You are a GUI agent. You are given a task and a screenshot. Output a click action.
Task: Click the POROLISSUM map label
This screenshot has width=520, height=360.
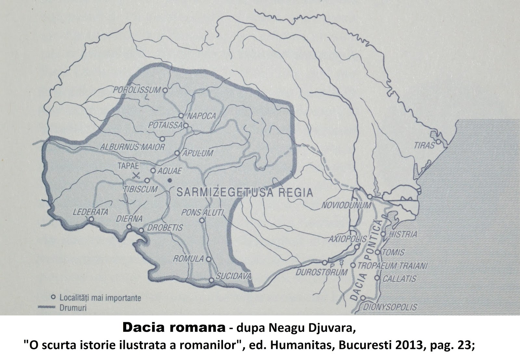pos(137,90)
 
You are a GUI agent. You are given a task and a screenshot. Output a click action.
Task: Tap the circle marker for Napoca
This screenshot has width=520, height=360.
pos(181,116)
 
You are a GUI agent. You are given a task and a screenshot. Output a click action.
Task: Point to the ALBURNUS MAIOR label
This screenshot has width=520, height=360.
pos(133,147)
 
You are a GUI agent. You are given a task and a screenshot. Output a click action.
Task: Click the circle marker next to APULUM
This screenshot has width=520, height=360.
pos(177,153)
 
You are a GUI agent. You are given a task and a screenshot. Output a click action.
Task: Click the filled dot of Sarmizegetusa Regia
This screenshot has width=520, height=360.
pos(169,180)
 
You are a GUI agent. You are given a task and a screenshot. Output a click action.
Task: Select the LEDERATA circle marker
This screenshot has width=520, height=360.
pos(91,219)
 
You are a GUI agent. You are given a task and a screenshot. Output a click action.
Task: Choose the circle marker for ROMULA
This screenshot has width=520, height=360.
pos(209,259)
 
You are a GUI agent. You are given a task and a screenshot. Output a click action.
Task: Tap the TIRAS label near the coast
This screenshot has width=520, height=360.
pos(424,145)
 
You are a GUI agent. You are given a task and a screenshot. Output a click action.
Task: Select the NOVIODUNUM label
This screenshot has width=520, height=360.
pos(346,205)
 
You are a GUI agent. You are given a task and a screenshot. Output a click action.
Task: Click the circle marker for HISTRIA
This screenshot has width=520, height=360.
pos(383,234)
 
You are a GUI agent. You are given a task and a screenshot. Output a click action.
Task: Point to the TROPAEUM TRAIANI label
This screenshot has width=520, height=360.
pos(392,265)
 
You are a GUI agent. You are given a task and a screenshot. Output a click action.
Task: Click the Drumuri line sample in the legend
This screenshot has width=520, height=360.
pos(45,307)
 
